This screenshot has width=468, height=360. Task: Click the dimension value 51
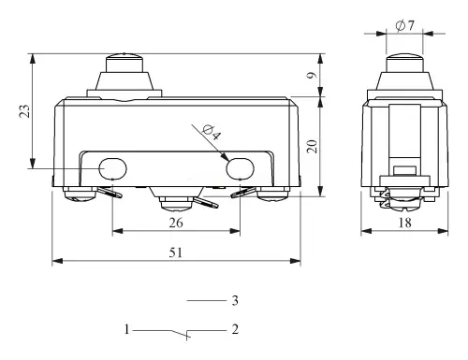[x=175, y=252]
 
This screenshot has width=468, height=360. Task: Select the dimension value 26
[x=176, y=223]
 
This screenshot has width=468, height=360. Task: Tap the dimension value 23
[x=25, y=111]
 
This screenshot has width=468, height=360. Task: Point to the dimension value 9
[x=312, y=75]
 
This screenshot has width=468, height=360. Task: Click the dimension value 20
[x=312, y=146]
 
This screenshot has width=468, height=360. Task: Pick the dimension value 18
[x=404, y=223]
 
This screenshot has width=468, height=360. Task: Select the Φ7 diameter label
[x=404, y=25]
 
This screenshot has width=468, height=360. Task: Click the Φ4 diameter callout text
[x=212, y=133]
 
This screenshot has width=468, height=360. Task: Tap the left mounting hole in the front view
[x=112, y=168]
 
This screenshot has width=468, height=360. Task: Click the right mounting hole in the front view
[x=240, y=168]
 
